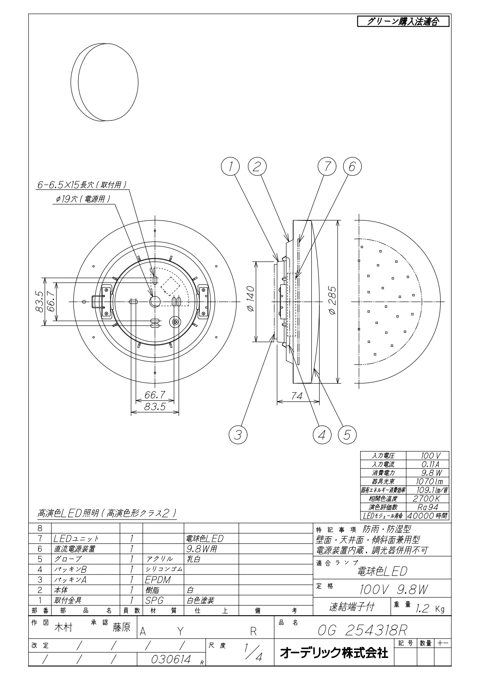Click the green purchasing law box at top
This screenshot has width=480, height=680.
click(x=403, y=21)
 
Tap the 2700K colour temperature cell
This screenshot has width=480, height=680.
click(x=427, y=499)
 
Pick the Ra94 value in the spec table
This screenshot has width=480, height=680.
click(x=427, y=507)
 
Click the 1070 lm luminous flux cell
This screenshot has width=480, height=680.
click(x=427, y=482)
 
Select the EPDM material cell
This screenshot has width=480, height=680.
click(x=158, y=580)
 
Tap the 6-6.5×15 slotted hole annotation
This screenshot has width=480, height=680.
click(x=82, y=185)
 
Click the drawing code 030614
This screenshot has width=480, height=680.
click(x=171, y=659)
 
